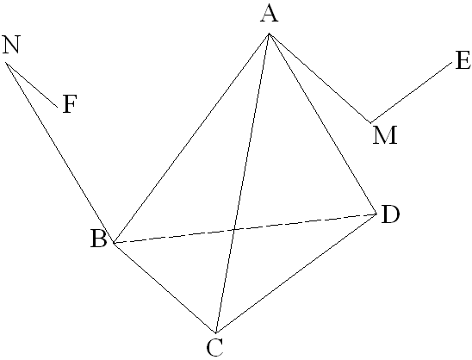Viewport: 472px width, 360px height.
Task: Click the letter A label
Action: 270,14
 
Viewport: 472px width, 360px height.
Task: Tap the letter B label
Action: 99,239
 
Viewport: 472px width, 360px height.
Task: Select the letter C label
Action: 215,347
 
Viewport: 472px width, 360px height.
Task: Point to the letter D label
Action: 390,214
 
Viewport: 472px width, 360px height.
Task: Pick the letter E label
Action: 463,60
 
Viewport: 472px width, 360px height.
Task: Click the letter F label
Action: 70,104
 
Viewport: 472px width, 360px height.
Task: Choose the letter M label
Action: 385,135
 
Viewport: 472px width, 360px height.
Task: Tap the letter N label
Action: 11,45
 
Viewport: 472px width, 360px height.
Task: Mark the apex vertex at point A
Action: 269,34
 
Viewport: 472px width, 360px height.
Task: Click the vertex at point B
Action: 113,243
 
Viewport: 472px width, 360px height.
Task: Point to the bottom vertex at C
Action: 216,333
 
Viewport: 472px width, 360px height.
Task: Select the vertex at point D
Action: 376,214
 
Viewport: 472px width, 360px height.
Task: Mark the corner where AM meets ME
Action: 371,123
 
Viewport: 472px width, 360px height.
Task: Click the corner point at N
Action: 6,63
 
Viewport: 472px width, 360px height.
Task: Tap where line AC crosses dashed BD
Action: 234,230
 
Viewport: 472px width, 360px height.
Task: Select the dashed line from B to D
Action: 245,228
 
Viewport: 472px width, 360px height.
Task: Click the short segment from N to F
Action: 32,85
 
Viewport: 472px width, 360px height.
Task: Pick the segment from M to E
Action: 412,92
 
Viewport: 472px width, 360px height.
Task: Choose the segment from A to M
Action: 320,78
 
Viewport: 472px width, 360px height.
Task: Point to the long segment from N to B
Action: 59,152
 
